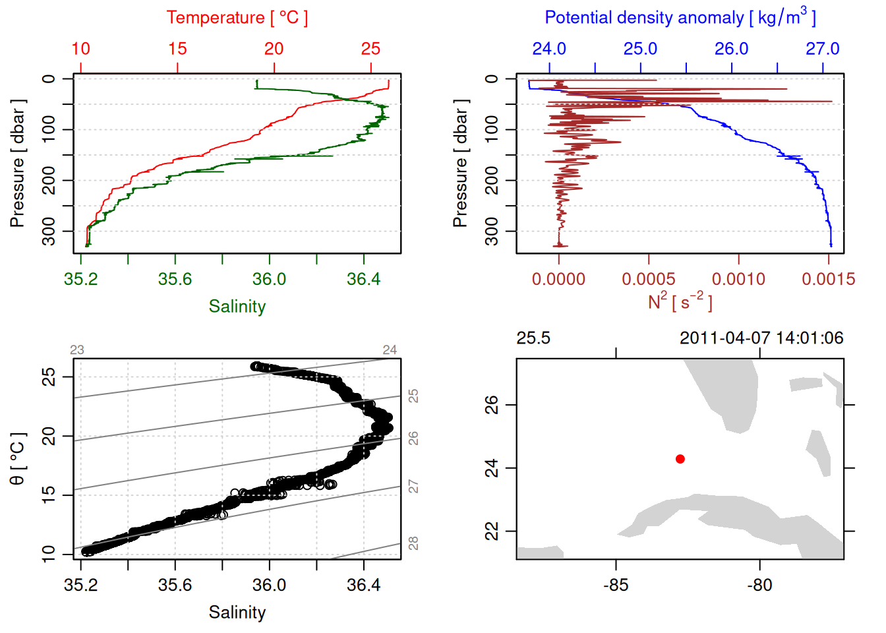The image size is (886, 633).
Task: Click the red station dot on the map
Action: (x=680, y=459)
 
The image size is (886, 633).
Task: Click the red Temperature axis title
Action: (x=237, y=18)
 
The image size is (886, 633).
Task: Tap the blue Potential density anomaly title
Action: (x=680, y=17)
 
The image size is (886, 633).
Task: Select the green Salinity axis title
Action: (x=237, y=307)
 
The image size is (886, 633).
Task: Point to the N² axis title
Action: (x=680, y=302)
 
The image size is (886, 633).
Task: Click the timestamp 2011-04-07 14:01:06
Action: (x=761, y=338)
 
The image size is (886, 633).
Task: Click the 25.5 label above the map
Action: (x=533, y=338)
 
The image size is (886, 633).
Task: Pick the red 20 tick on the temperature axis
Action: (x=274, y=49)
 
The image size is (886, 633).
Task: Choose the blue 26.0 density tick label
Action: (x=731, y=49)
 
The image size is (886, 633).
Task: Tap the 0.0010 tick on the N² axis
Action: (x=738, y=280)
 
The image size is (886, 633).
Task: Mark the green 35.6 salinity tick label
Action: (x=175, y=280)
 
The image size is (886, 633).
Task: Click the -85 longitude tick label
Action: (x=616, y=586)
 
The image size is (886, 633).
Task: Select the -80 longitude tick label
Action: (x=759, y=586)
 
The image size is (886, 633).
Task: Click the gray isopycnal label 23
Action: (x=77, y=350)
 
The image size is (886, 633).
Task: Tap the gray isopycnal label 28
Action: (x=413, y=543)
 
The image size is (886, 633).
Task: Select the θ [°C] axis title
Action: (x=18, y=459)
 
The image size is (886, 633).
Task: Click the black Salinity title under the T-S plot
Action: (x=237, y=613)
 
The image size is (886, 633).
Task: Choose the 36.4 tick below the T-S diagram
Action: (x=363, y=586)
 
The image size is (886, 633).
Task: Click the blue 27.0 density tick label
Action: (x=822, y=49)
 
